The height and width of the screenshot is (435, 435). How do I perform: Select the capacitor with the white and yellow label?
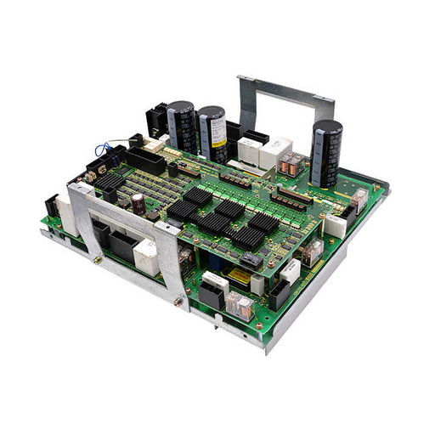[x=212, y=133]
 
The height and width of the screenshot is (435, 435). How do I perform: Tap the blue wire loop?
[x=104, y=147]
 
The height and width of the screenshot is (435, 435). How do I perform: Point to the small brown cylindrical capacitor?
[x=138, y=202]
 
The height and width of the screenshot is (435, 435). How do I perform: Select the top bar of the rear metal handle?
[x=285, y=90]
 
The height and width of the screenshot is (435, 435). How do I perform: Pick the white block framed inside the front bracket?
[x=146, y=258]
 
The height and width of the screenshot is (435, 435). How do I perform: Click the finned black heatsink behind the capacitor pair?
[x=158, y=119]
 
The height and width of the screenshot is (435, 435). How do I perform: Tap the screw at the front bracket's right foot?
[x=180, y=300]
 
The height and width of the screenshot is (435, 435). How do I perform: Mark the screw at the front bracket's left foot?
[x=99, y=259]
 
